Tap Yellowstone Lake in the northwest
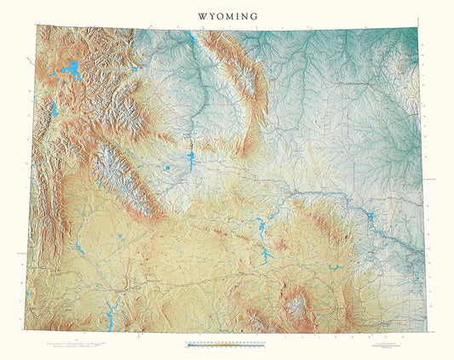tap(72, 69)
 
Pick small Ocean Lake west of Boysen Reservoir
tap(167, 169)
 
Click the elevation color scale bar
tap(227, 344)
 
